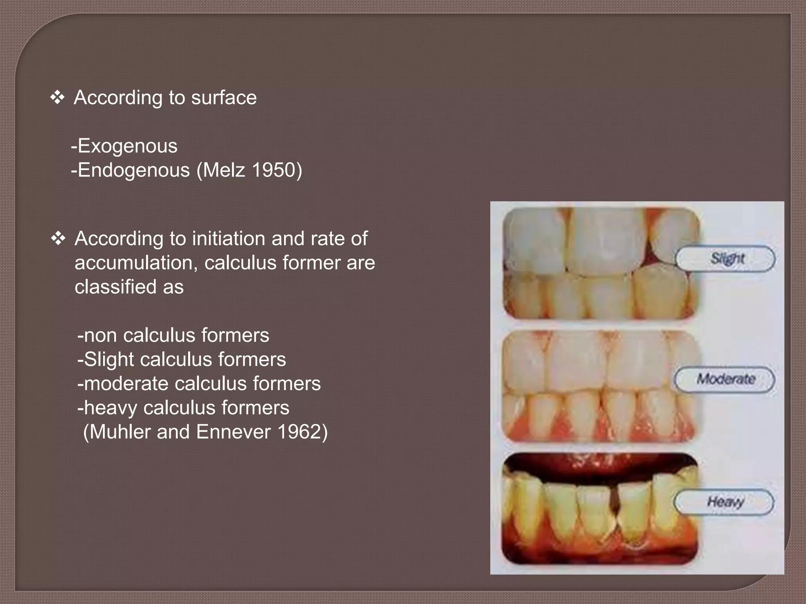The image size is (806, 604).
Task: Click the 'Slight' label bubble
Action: pos(725,258)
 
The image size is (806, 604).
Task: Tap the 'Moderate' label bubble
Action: pos(725,379)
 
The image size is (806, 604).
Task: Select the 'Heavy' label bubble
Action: pos(724,501)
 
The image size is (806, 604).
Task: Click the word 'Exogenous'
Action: pos(128,146)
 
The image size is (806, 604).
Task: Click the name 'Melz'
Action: pos(224,170)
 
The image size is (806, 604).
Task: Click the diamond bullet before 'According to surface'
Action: pos(57,98)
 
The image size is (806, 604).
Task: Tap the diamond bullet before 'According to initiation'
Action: pos(58,239)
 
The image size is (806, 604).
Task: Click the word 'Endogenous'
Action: pos(134,170)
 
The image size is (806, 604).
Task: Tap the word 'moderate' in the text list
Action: pos(126,384)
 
